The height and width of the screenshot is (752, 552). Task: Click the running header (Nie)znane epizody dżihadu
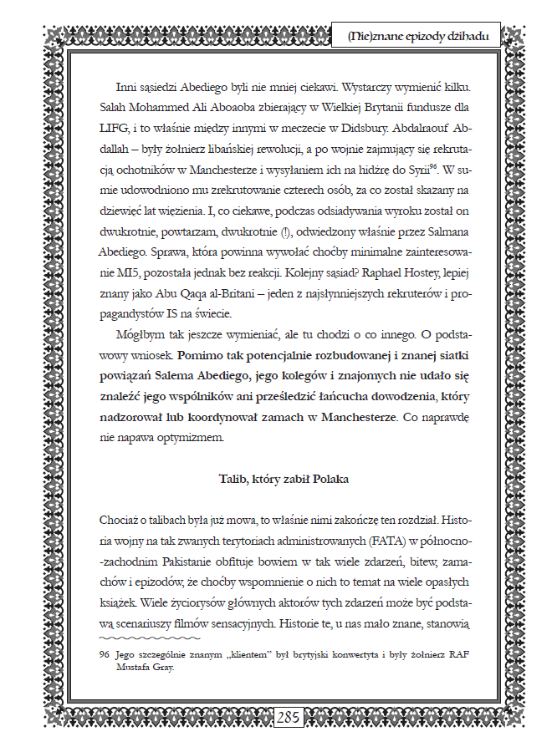423,36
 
